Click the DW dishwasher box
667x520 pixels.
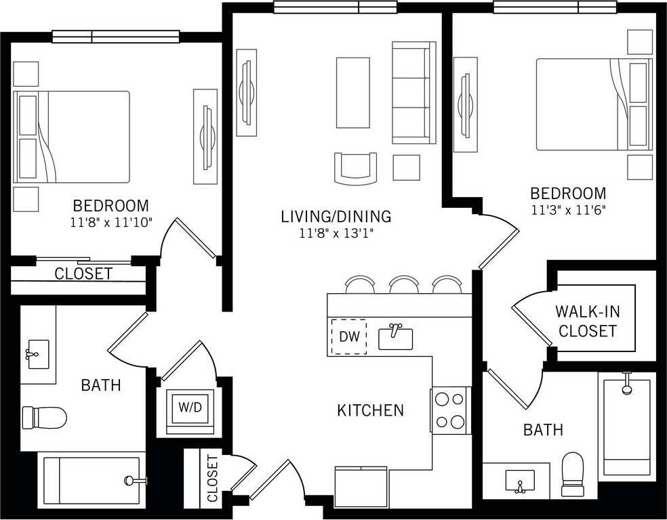348,337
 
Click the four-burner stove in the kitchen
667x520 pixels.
451,410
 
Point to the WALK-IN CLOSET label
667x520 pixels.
588,322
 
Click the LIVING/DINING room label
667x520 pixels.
336,217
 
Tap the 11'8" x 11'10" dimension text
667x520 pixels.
111,221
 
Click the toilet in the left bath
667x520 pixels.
45,418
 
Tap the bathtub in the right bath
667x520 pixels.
627,427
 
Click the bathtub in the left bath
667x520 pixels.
92,479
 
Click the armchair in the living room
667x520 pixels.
355,169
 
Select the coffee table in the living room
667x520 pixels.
353,93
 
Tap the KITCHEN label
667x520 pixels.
371,410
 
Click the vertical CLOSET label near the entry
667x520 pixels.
212,479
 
